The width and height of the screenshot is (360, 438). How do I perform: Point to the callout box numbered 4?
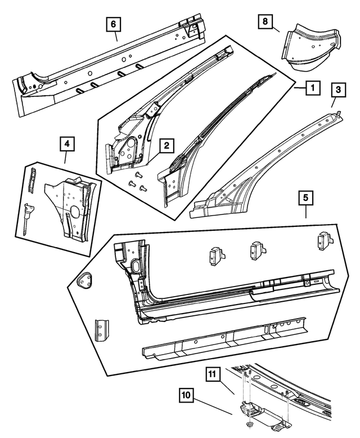tap(67, 145)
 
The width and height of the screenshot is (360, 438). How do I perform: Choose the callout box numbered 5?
tap(305, 198)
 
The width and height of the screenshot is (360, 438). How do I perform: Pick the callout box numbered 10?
tap(187, 395)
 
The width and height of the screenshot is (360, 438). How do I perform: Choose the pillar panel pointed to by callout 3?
tap(264, 169)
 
